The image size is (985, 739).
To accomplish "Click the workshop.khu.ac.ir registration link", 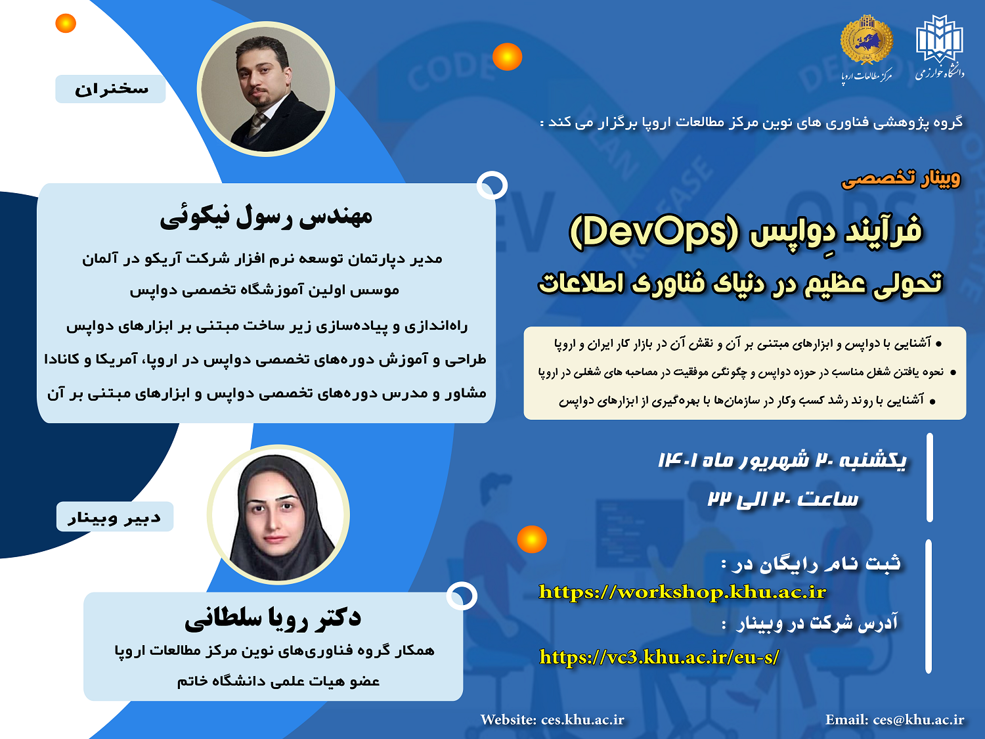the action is point(682,593).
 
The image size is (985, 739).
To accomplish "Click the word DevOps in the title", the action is point(654,232).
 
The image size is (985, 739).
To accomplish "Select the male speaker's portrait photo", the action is point(266,89).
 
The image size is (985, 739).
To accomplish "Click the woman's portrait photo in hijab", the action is point(278,514).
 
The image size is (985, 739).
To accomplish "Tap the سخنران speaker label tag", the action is point(110,89).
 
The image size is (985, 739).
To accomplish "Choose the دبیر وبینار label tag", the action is point(114,517).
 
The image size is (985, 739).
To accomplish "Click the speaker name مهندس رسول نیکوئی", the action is point(266,217).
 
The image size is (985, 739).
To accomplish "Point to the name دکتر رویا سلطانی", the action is point(273,618).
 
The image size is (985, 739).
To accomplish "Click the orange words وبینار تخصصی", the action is point(901,179).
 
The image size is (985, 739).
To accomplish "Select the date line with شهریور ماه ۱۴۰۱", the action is point(782,460).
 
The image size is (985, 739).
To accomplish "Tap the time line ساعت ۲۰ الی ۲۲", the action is point(783,499).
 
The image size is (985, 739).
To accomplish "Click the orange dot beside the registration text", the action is point(532,539).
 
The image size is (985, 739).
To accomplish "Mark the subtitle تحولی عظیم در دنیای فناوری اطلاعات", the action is point(741,283).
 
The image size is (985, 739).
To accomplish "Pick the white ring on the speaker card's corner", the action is point(492,185).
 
